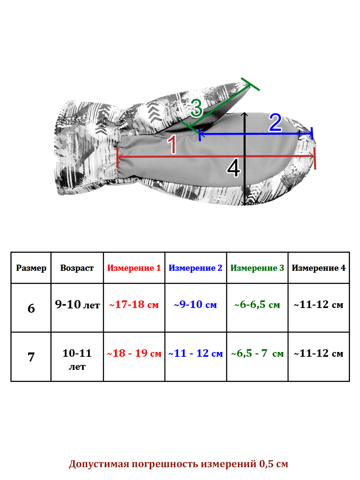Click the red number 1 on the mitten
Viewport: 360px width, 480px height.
(172, 144)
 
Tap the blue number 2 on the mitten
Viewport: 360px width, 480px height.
(275, 122)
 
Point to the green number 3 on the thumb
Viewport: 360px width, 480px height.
(196, 108)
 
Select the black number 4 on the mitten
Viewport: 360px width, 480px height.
(234, 168)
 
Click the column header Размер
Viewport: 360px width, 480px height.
(31, 268)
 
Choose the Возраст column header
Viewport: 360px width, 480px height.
(77, 268)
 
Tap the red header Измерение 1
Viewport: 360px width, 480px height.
(134, 268)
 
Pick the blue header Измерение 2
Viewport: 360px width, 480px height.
(196, 268)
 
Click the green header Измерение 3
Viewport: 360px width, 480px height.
(257, 268)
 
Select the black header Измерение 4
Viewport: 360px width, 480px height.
(318, 268)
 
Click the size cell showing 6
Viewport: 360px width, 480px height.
(31, 308)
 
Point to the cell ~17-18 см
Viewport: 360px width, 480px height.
(134, 304)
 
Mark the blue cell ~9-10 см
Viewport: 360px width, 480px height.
(196, 304)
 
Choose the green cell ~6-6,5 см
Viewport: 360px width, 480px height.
(257, 304)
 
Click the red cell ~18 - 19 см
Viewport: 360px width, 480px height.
(134, 353)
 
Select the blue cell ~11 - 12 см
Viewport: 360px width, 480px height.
(196, 353)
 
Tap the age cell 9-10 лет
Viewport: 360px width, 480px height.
(77, 304)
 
